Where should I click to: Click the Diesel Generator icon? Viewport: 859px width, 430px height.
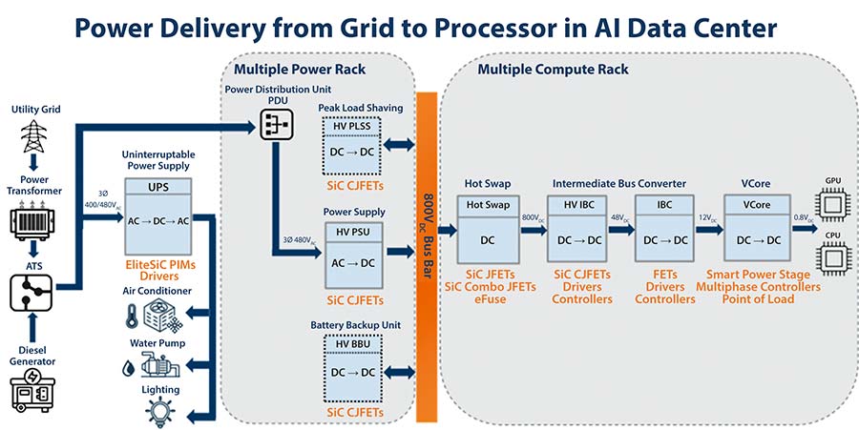[x=36, y=393]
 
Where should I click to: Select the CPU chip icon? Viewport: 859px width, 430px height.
[x=831, y=256]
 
